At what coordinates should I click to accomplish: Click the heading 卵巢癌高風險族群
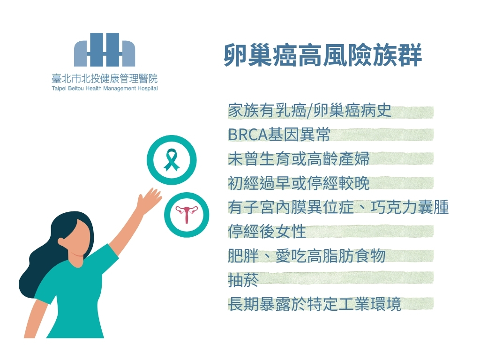(323, 55)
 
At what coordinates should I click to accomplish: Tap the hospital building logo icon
(105, 50)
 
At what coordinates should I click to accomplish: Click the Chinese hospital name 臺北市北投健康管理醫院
(105, 79)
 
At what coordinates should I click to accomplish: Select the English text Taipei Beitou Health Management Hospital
(105, 89)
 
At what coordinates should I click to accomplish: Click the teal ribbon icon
(172, 160)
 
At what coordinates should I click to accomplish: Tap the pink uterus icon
(187, 214)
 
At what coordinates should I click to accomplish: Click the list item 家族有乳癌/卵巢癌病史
(309, 111)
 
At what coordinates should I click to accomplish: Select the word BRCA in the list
(247, 135)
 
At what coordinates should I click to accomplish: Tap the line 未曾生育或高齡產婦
(299, 158)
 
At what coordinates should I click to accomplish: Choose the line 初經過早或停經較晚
(299, 183)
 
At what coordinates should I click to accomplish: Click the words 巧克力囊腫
(409, 207)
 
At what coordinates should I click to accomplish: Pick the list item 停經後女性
(267, 232)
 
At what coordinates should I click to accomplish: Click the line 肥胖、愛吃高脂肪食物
(307, 255)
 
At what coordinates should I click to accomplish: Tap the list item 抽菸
(243, 280)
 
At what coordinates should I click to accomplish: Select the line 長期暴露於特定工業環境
(315, 304)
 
